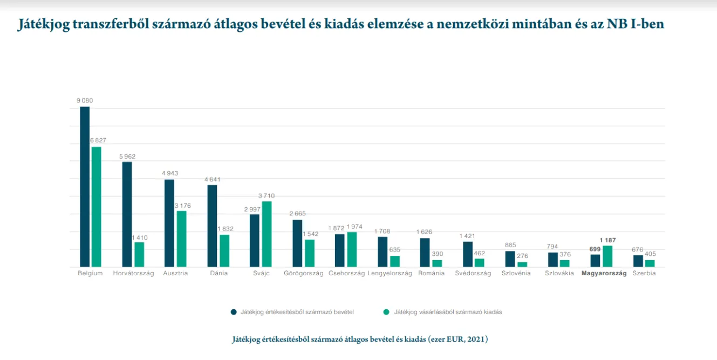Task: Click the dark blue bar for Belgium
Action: point(85,186)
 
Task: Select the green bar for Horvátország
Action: point(139,254)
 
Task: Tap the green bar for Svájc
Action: point(267,234)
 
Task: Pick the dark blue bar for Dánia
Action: point(212,226)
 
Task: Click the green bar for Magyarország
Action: point(607,256)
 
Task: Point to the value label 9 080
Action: point(85,100)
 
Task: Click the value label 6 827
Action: point(98,140)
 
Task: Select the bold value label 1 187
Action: point(607,240)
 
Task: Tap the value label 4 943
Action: point(169,173)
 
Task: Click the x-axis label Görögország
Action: point(303,274)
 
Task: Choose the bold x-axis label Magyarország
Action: point(604,274)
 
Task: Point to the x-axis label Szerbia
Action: point(644,274)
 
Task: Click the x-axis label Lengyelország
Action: point(390,274)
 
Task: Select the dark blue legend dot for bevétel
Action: point(234,312)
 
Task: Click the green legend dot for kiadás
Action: point(386,312)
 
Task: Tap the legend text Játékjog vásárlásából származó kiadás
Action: point(448,312)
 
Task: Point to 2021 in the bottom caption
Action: point(477,339)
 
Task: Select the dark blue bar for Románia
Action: point(425,252)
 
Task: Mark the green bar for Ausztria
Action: point(181,239)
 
